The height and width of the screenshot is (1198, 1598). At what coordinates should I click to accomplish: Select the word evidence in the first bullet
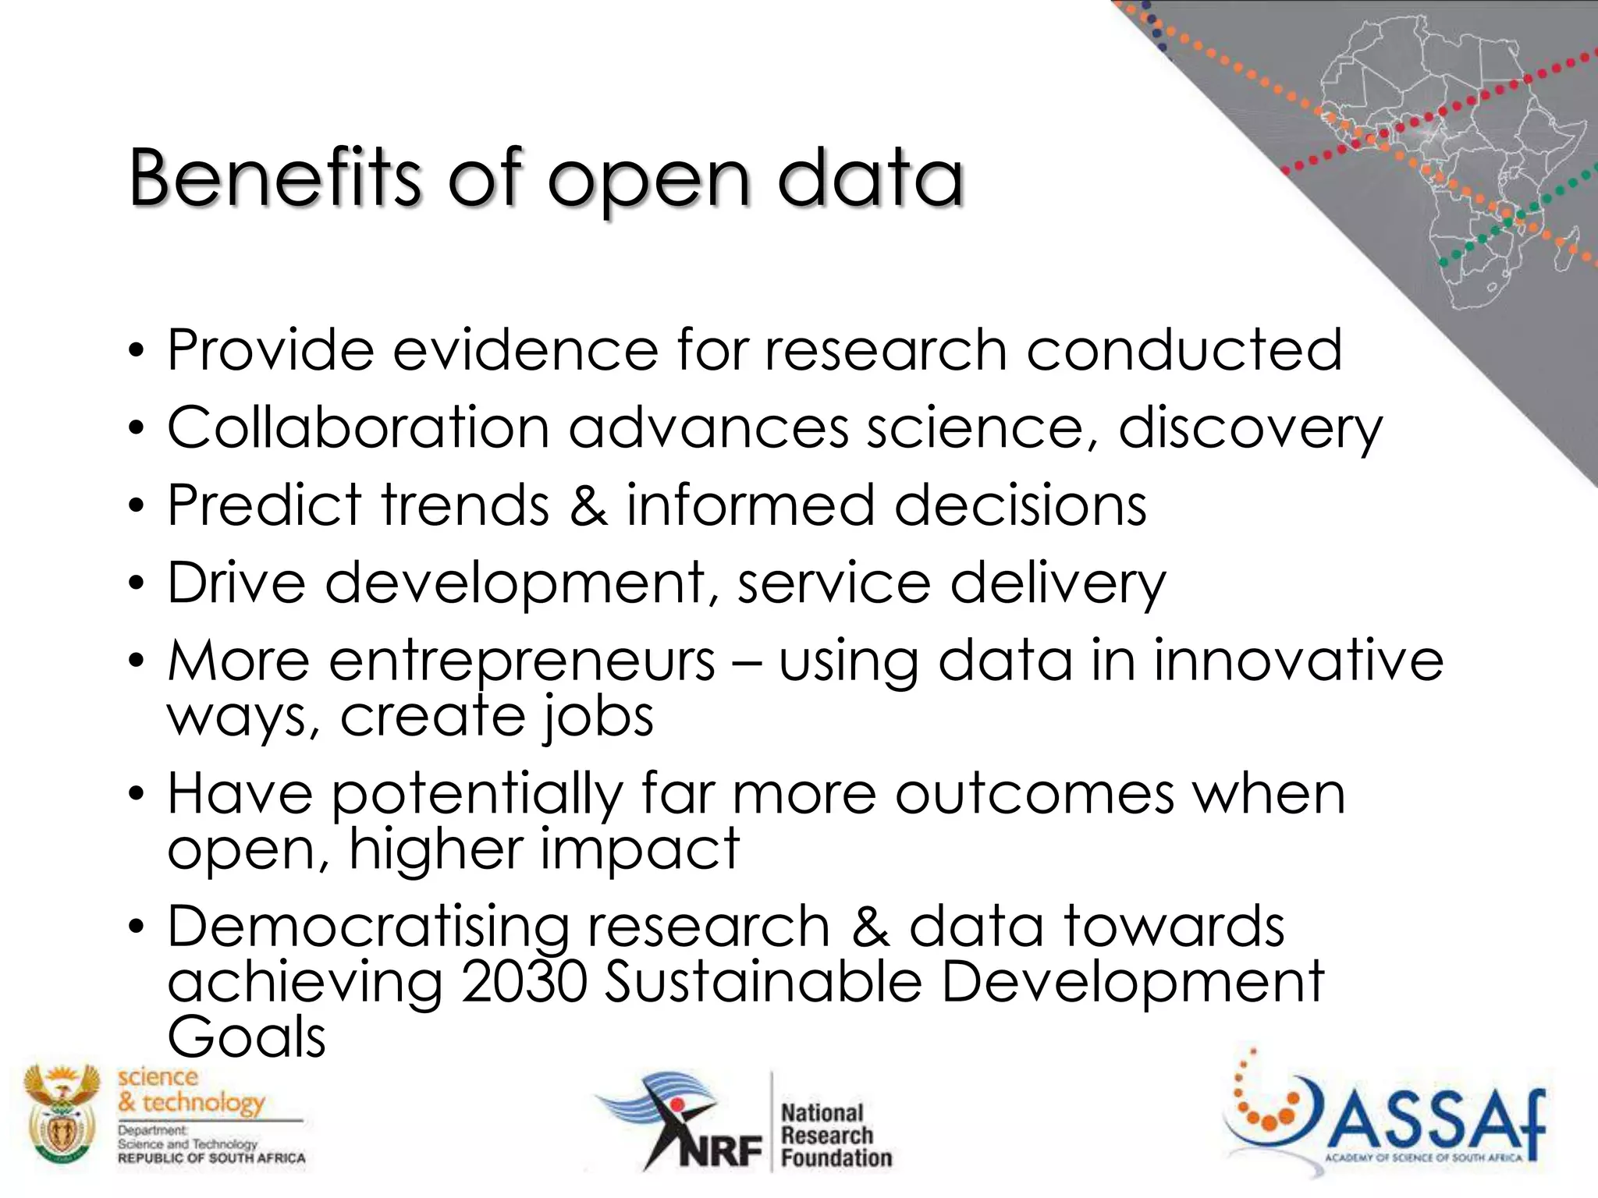coord(525,350)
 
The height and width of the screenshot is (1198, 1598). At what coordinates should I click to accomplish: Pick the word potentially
coord(478,795)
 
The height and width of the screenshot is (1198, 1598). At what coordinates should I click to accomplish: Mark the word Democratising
coord(368,927)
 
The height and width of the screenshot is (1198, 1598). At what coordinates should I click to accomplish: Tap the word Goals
coord(246,1037)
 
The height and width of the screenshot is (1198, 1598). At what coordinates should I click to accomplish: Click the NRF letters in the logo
coord(719,1150)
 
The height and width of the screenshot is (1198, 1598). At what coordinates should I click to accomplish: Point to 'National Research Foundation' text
coord(835,1136)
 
